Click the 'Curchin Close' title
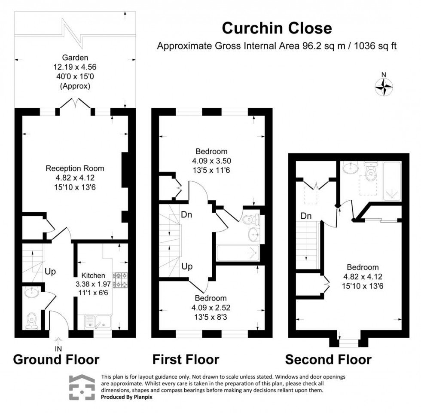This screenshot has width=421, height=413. [x=277, y=28]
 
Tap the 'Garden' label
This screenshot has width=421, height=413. [x=75, y=57]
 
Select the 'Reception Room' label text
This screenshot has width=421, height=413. [x=75, y=168]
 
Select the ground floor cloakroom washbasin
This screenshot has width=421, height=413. [x=31, y=293]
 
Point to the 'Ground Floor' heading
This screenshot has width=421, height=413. [x=56, y=359]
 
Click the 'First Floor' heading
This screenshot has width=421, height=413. [x=186, y=359]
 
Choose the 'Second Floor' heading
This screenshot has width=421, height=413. [x=328, y=359]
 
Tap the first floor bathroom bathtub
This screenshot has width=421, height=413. [x=237, y=253]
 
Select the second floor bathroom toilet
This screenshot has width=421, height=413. [x=370, y=173]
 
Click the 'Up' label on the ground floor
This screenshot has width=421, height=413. [x=50, y=272]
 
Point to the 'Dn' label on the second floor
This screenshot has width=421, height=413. [x=306, y=216]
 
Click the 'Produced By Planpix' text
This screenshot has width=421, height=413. [x=127, y=397]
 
